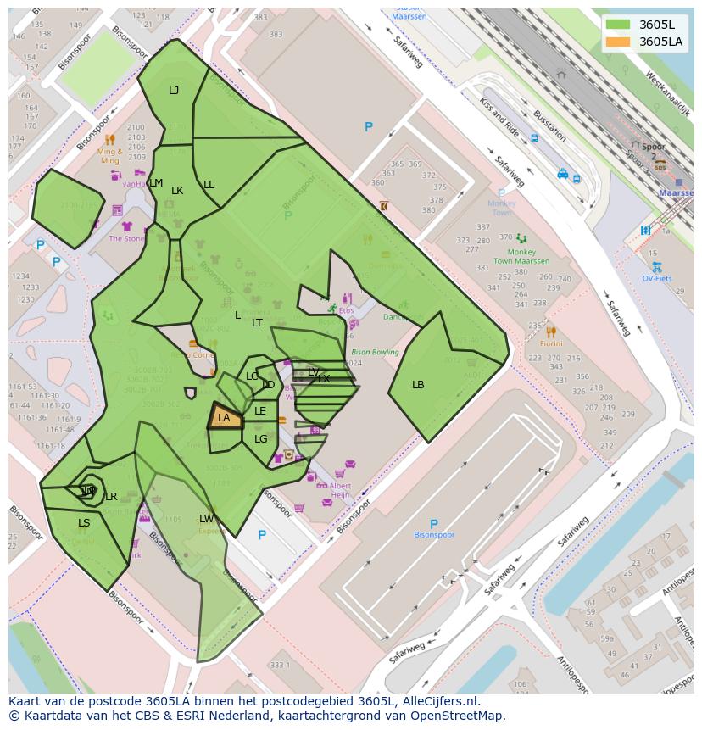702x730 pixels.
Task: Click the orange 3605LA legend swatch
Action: tap(618, 42)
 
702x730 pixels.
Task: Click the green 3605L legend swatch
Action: tap(618, 25)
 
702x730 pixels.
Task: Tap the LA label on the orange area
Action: tap(224, 418)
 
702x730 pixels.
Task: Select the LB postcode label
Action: tap(418, 385)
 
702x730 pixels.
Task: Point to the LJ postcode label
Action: tap(174, 91)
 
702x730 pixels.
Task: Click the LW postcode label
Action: tap(207, 519)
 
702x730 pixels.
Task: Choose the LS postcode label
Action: tap(84, 523)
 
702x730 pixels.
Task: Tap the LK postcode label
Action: tap(177, 191)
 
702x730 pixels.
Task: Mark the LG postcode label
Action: tap(260, 439)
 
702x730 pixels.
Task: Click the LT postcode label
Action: tap(257, 323)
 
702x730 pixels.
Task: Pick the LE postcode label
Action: tap(260, 411)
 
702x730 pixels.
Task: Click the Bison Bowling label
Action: tap(375, 352)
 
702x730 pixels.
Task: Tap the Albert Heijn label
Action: tap(340, 490)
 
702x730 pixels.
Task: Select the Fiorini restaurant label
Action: tap(551, 343)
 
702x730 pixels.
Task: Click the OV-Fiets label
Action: tap(657, 278)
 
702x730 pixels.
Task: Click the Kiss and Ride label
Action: tap(499, 117)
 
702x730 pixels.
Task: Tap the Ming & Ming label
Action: tap(110, 156)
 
